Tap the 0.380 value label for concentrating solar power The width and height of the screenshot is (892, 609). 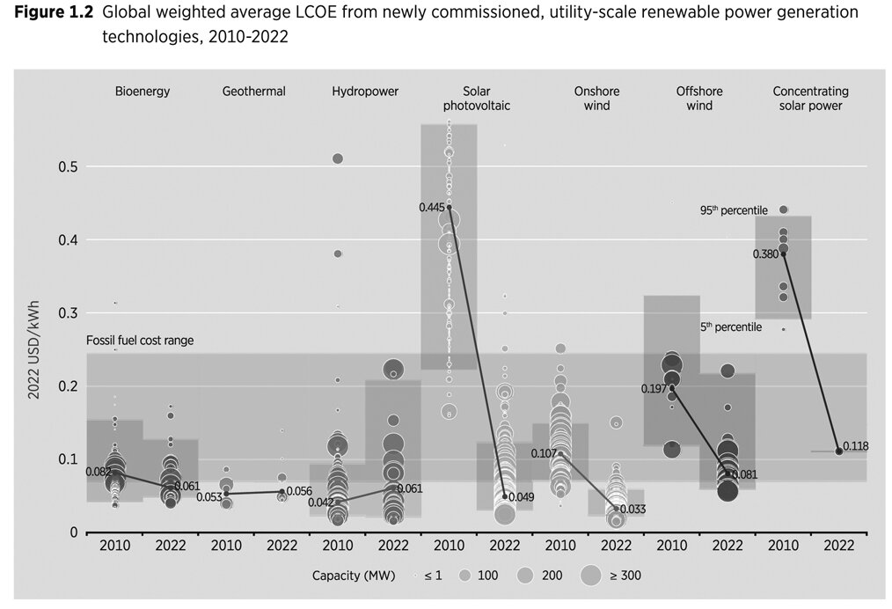click(765, 254)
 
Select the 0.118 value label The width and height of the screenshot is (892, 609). click(855, 446)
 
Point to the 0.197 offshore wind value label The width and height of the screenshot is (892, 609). click(654, 388)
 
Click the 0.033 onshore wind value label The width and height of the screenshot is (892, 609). click(632, 509)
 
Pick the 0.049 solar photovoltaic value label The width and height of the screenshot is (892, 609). click(521, 497)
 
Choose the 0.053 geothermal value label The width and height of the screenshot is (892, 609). click(208, 497)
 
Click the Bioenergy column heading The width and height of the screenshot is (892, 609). click(143, 91)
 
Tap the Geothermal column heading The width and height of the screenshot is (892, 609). click(253, 91)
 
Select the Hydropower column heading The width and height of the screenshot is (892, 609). click(365, 91)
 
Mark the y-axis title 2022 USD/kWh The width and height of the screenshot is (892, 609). click(33, 349)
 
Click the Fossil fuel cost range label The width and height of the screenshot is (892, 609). click(140, 341)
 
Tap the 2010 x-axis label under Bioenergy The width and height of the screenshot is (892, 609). click(115, 546)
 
